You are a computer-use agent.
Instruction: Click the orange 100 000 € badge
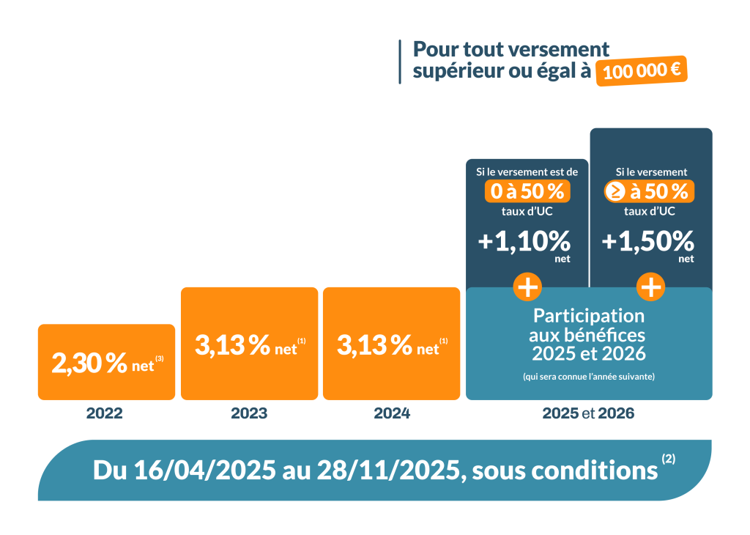point(641,71)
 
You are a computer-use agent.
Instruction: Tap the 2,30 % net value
point(90,363)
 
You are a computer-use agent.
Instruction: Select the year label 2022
point(105,413)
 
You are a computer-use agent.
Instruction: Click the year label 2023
point(249,413)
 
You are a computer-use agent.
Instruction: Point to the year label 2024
point(392,413)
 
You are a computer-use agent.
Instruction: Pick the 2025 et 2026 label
point(588,413)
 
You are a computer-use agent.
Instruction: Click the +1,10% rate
point(524,241)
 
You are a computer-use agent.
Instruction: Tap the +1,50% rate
point(647,241)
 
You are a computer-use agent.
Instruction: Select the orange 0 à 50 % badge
point(527,192)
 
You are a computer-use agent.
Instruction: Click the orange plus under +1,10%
point(527,287)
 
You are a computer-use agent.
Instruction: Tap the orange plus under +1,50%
point(650,287)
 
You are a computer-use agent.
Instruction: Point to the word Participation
point(589,316)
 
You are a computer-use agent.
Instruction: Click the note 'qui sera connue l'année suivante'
point(589,377)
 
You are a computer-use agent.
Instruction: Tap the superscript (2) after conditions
point(668,460)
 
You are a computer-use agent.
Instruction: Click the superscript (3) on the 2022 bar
point(160,358)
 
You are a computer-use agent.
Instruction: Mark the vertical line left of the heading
point(400,62)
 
